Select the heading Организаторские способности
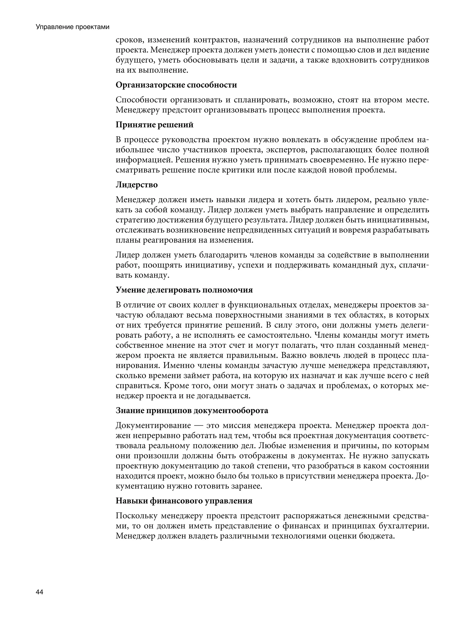pos(176,85)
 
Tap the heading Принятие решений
pos(154,125)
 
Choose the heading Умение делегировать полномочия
pos(184,290)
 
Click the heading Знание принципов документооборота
pos(192,411)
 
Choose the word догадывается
pos(221,396)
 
